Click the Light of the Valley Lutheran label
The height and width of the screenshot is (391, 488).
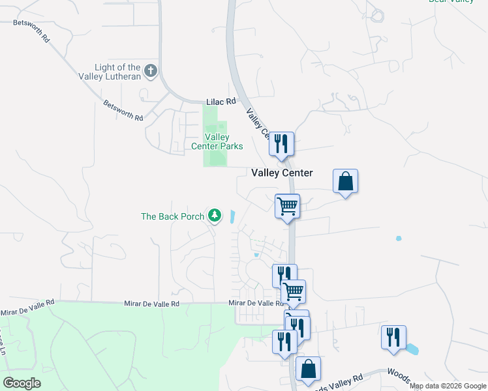coord(117,72)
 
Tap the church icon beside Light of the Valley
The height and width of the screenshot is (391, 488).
coord(151,70)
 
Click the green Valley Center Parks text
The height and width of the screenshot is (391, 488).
coord(217,141)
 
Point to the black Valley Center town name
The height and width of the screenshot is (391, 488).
coord(282,173)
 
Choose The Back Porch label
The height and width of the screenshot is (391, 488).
coord(173,216)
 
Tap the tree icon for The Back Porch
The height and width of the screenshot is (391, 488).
coord(214,215)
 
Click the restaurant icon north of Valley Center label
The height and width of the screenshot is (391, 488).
coord(281,143)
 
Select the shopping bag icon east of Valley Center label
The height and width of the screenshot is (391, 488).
coord(345,181)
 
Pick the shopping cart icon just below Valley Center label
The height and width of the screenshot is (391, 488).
coord(287,206)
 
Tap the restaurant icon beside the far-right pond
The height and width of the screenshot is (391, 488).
coord(393,337)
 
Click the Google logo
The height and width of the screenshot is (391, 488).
coord(22,383)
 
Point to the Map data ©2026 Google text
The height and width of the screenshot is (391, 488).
coord(448,386)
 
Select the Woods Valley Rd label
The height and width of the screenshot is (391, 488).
coord(340,382)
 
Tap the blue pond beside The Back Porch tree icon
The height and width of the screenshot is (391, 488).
coord(232,216)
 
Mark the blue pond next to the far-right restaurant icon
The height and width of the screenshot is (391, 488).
coord(411,349)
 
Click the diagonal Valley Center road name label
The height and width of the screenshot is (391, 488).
coord(257,124)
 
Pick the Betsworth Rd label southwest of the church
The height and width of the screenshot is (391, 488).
coord(123,111)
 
